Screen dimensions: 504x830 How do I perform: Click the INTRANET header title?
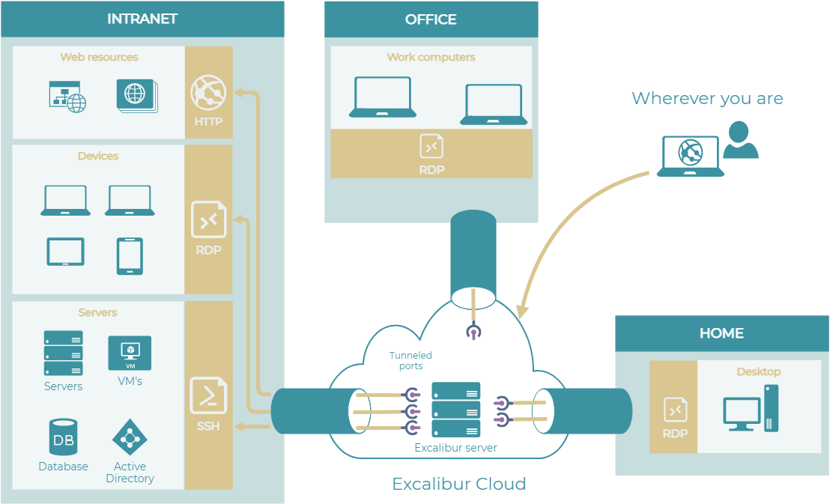point(142,19)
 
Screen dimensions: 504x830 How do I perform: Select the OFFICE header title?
point(431,19)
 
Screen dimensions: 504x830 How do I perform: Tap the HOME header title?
point(721,333)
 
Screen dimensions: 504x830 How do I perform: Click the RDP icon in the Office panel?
point(431,146)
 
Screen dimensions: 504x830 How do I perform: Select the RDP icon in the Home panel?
point(675,410)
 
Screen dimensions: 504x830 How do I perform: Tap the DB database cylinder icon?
point(64,437)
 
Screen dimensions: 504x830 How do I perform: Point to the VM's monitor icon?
point(130,352)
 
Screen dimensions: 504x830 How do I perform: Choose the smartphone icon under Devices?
point(130,256)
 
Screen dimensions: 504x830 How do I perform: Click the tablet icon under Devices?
point(65,252)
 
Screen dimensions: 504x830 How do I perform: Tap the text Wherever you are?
point(707,99)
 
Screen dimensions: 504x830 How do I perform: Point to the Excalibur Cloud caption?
point(459,484)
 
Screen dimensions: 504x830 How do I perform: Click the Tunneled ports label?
point(411,361)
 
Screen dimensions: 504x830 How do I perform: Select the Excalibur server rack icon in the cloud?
point(455,410)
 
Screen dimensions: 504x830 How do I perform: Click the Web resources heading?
point(99,57)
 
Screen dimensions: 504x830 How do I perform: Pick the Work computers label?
point(431,57)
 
